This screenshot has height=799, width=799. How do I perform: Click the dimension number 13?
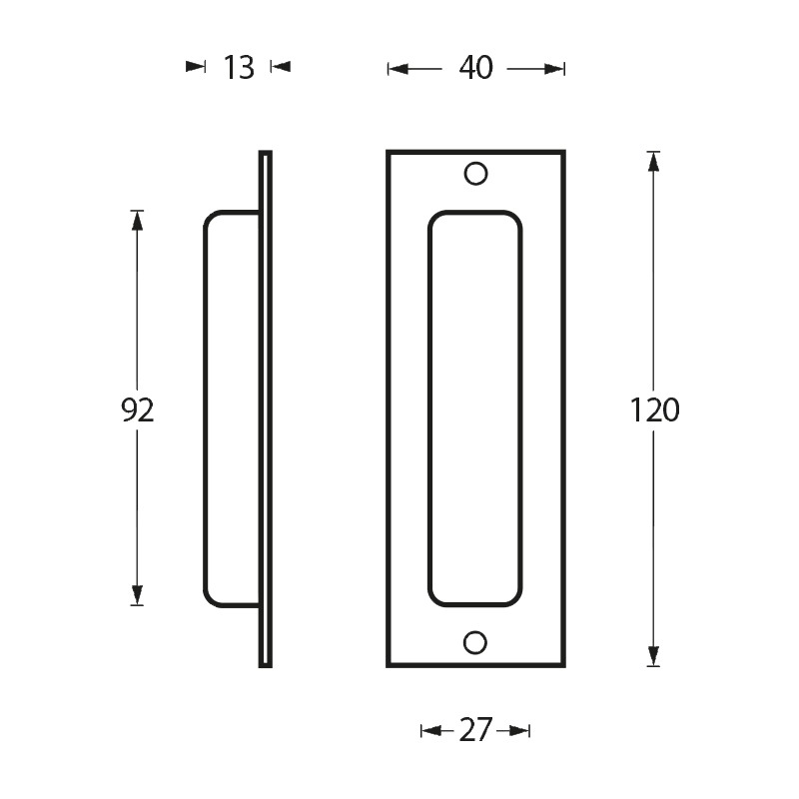(x=239, y=67)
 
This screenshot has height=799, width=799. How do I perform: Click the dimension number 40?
(x=476, y=68)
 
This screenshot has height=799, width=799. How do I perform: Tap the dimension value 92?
(x=138, y=410)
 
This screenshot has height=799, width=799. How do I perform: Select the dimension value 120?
(x=655, y=410)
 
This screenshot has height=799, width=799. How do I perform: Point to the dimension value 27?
(x=476, y=730)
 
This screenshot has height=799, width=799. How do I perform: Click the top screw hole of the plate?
(x=476, y=174)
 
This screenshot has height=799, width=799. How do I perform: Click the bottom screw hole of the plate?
(x=475, y=642)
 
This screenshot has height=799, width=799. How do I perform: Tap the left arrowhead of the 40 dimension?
(x=398, y=69)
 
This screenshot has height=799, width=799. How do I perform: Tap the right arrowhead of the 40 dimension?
(x=554, y=69)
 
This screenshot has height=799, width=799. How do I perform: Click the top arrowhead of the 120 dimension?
(x=653, y=162)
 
